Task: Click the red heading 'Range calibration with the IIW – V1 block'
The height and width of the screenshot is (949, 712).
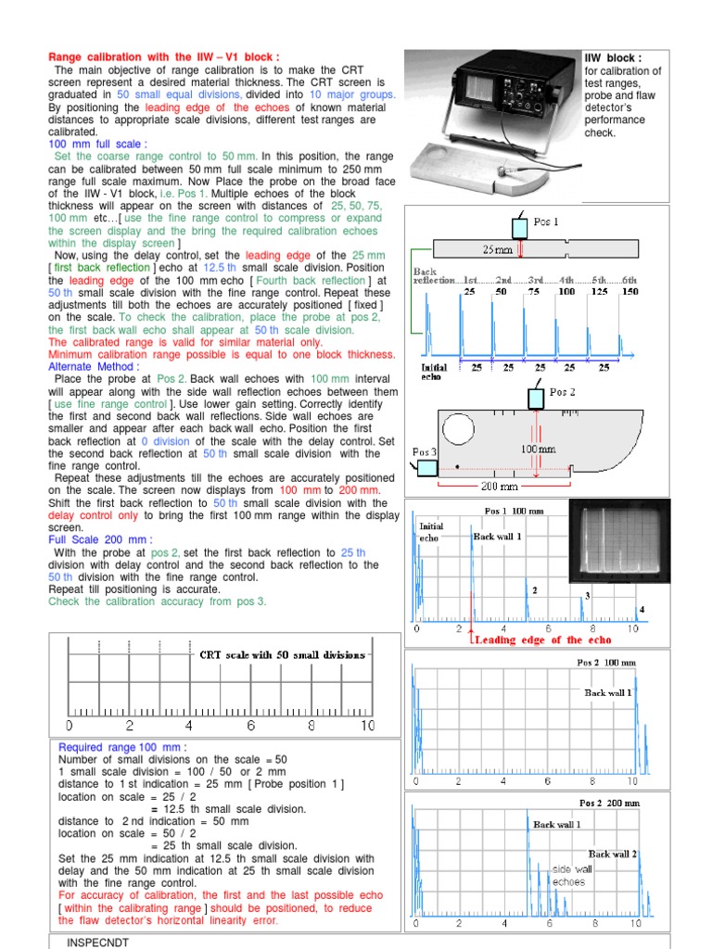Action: (163, 57)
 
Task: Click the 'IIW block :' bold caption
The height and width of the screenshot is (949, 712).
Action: (613, 57)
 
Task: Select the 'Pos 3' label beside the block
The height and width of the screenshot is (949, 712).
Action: (425, 451)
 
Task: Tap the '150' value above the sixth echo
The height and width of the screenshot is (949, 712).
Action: (629, 291)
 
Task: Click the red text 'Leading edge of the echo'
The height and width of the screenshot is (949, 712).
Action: (541, 639)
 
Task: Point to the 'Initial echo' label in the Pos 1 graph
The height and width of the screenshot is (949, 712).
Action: (433, 532)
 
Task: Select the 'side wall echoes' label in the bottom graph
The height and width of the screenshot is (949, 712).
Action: (572, 875)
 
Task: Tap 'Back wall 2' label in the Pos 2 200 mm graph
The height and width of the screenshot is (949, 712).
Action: (612, 854)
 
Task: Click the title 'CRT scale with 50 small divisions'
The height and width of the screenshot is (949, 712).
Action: (283, 654)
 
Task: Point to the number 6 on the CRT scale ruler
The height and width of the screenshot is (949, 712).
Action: (250, 726)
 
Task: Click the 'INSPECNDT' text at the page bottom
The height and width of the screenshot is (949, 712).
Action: (97, 942)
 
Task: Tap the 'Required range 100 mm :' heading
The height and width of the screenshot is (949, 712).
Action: (122, 747)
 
